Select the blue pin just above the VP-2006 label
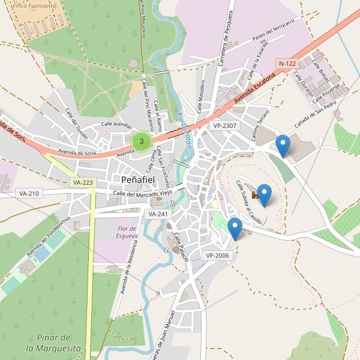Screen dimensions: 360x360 (235, 228)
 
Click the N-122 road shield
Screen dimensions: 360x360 (287, 63)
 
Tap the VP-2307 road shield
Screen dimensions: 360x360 (225, 125)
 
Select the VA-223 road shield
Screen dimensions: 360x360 (82, 182)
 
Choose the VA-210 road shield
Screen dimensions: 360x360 (29, 193)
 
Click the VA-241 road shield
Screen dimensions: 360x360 (158, 214)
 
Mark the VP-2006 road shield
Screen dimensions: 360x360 (218, 255)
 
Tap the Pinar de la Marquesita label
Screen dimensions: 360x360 (53, 342)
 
